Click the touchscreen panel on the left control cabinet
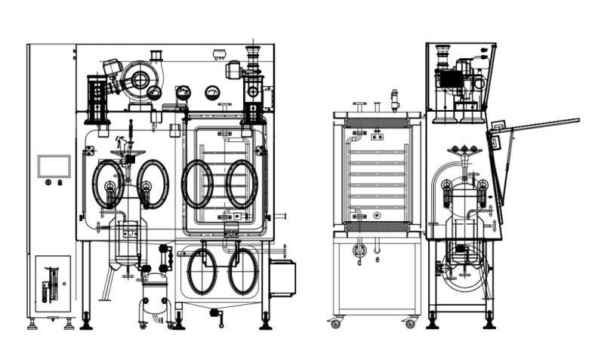54,166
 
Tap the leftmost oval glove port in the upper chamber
109,184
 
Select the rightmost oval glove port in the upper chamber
242,184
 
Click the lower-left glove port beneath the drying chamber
202,271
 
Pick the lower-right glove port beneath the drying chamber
243,271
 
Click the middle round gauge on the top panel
183,93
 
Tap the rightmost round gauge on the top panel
211,93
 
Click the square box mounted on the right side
282,278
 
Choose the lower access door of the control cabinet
53,283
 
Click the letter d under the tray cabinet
359,262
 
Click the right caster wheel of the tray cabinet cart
410,323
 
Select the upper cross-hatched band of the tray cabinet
377,122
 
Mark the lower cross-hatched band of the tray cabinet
377,226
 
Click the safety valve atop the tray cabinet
393,100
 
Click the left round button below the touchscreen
48,183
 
